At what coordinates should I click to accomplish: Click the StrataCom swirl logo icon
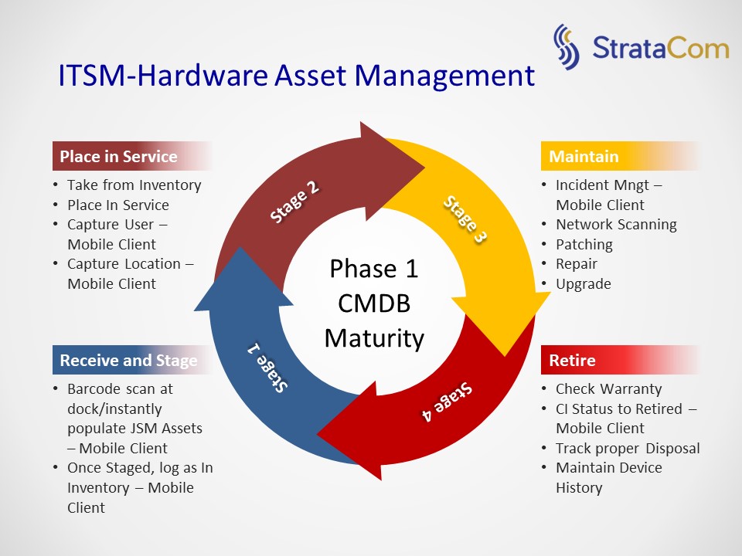pos(567,48)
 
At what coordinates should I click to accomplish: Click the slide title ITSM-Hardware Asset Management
pos(296,76)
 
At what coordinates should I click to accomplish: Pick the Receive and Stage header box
pos(128,361)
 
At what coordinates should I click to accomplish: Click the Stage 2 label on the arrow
pos(294,202)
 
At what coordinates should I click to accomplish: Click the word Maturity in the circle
pos(374,338)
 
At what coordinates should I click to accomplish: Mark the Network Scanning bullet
pos(616,225)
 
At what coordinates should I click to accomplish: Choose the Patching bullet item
pos(584,244)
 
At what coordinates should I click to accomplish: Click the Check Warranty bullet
pos(608,389)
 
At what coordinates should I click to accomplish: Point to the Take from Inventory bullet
pos(134,185)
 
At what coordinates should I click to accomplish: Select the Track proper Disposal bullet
pos(628,448)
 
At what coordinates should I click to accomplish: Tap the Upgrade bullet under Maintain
pos(583,283)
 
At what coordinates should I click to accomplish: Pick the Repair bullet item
pos(576,264)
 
